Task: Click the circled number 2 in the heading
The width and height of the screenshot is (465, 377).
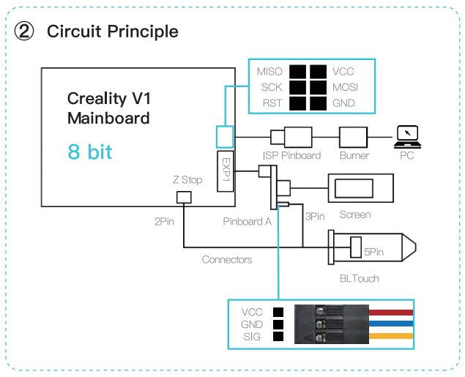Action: (x=24, y=31)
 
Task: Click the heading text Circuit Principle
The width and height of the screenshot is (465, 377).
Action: (x=112, y=31)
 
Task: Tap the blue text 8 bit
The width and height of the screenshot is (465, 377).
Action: (x=90, y=152)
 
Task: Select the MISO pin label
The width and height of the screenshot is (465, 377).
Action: (x=269, y=72)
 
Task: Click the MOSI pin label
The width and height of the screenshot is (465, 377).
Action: (x=345, y=87)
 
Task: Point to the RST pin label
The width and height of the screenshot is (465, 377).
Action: (x=272, y=103)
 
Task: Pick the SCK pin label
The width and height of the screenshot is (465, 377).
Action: (x=271, y=87)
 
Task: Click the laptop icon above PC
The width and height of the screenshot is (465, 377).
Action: (x=406, y=135)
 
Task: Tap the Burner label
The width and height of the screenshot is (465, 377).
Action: (x=354, y=155)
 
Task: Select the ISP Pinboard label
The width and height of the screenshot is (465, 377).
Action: (x=291, y=155)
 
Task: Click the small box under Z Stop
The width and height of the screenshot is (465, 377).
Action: (x=183, y=197)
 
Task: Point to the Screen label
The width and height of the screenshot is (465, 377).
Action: (x=354, y=214)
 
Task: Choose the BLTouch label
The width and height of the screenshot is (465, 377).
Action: (x=360, y=279)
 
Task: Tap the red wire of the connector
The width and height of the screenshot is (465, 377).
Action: (x=390, y=313)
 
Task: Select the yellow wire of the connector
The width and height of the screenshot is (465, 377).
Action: (x=390, y=336)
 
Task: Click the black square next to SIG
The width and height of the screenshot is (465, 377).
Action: (x=278, y=337)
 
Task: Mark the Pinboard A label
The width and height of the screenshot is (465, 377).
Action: (x=247, y=221)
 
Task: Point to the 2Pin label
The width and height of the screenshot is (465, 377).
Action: (x=164, y=220)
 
